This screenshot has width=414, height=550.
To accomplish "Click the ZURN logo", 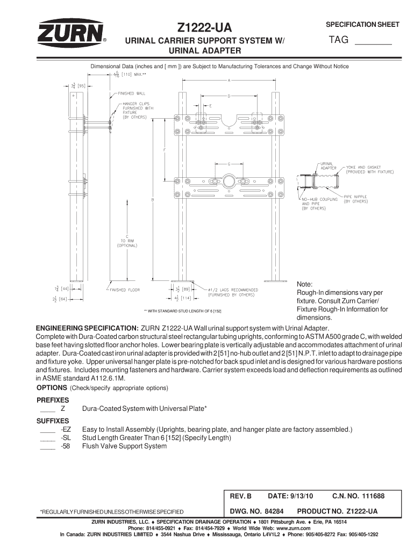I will point(70,33).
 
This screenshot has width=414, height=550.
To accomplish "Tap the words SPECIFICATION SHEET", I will point(363,25).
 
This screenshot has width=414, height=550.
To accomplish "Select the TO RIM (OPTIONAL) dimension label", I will point(127,243).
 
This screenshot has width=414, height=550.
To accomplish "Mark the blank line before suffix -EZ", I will point(48,430).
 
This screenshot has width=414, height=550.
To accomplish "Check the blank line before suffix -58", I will point(48,446).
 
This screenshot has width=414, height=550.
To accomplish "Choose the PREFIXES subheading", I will point(52,400).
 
